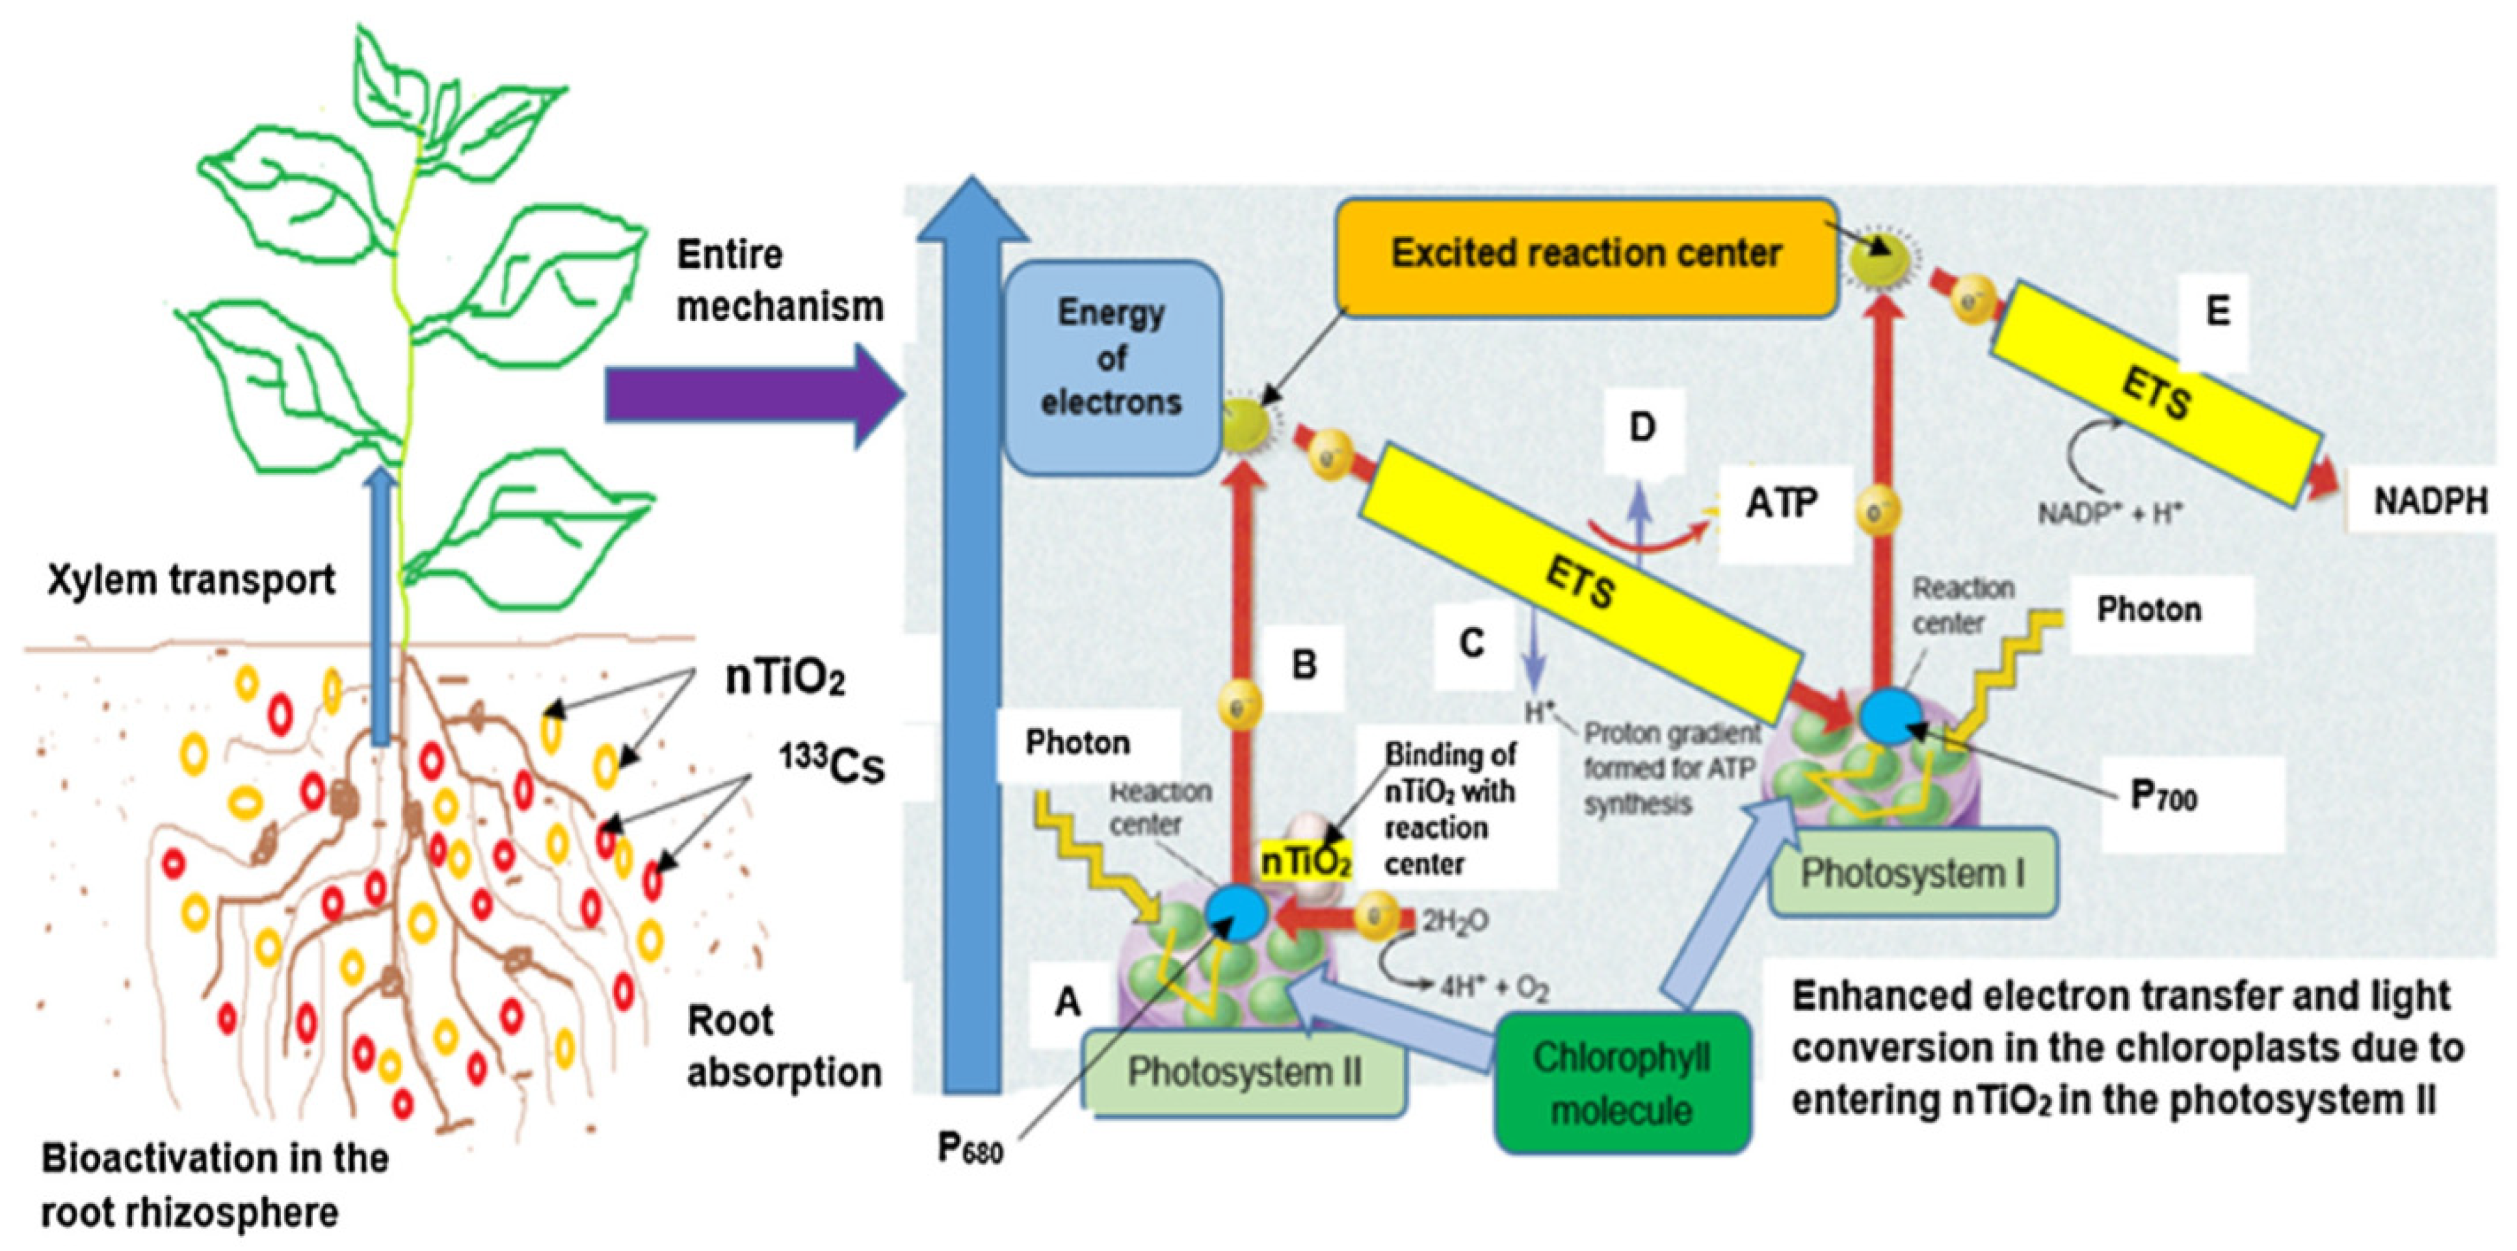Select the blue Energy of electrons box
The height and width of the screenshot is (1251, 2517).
click(1111, 359)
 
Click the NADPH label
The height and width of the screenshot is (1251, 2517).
click(2430, 502)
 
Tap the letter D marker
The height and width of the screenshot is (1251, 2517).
click(1642, 428)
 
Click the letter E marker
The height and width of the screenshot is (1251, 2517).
click(2218, 311)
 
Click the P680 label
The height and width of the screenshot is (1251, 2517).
click(969, 1148)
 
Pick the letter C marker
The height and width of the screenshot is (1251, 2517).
click(1471, 643)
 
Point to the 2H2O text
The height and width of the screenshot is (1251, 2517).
click(1454, 921)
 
